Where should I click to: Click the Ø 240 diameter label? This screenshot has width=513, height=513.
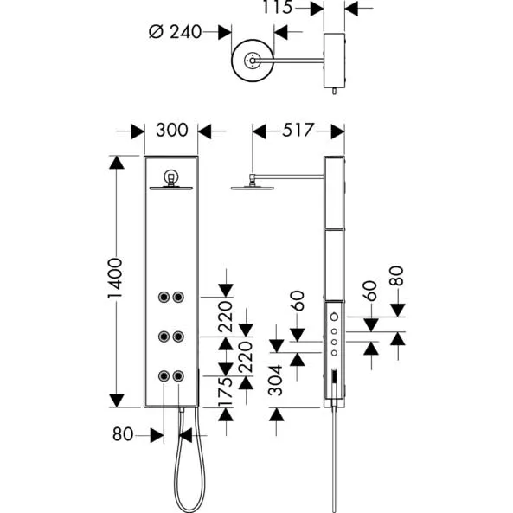175,32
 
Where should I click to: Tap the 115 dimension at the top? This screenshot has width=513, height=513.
278,7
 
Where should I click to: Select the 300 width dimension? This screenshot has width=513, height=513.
172,131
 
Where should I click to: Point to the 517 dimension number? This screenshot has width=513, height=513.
298,131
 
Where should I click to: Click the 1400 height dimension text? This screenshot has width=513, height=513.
115,278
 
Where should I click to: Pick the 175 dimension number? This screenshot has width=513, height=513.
226,391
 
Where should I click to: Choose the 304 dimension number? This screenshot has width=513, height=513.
275,380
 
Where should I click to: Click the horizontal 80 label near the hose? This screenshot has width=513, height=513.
123,434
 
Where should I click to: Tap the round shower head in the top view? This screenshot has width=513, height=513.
253,61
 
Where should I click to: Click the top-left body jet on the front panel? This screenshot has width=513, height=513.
164,297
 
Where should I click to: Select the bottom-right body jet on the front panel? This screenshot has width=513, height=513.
178,376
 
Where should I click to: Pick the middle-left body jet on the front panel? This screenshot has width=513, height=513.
164,337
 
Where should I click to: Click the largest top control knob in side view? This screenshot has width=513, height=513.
334,317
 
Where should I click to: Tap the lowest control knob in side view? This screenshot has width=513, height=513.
334,353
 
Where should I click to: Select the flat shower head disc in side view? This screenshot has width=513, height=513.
253,188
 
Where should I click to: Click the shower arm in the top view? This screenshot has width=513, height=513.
290,61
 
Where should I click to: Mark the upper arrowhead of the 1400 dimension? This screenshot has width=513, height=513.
117,163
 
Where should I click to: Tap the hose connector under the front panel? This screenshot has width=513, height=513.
182,409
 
